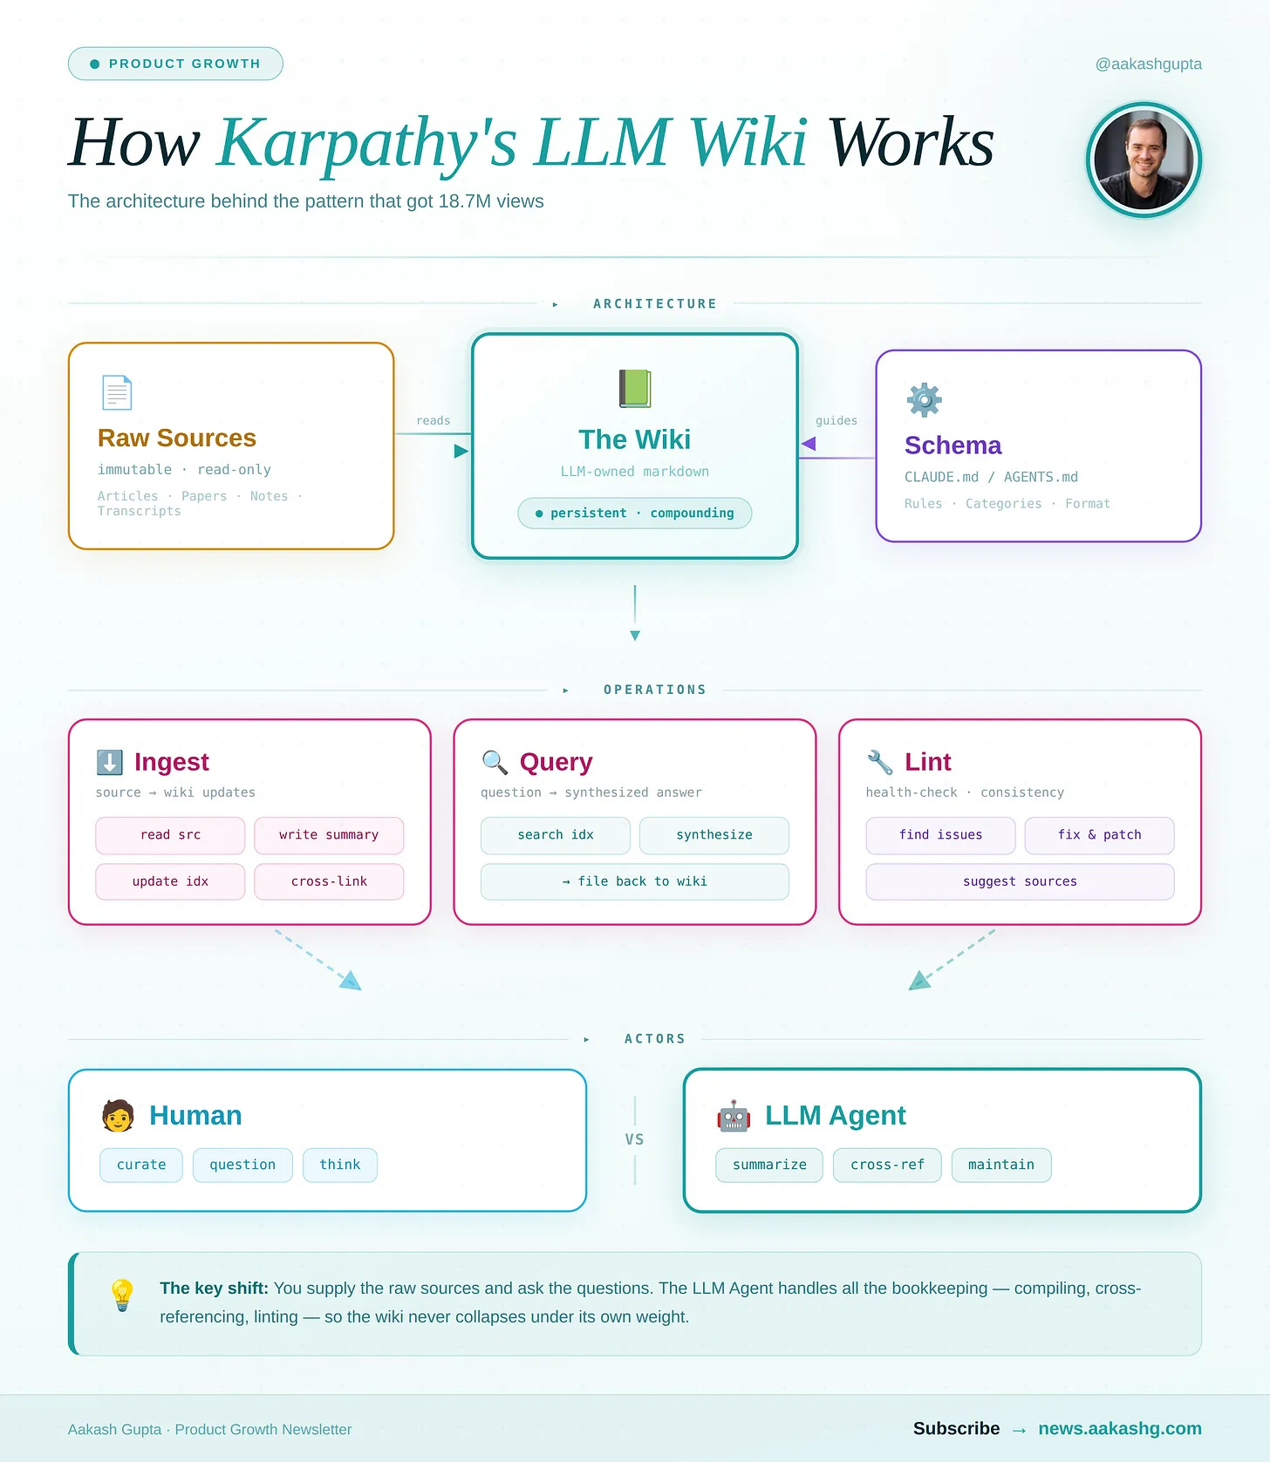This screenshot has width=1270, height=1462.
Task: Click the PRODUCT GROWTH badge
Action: [175, 64]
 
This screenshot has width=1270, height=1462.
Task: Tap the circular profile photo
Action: [1144, 160]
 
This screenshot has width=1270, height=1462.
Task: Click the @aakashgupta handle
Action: [1148, 64]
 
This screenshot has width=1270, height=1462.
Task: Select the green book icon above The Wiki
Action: [635, 389]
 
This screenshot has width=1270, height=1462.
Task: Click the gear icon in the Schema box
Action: [924, 400]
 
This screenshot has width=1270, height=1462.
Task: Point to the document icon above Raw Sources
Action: [117, 392]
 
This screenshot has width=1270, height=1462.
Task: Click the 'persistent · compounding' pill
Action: [634, 513]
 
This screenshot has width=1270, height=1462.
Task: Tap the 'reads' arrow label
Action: [433, 420]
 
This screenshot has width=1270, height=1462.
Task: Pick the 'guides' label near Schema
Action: [836, 420]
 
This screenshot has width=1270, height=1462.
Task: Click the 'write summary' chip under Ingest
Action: [329, 835]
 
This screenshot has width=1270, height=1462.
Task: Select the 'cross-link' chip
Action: [329, 881]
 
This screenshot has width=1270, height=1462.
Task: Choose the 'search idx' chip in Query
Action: [555, 835]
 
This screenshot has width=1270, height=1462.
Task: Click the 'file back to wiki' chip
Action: [634, 881]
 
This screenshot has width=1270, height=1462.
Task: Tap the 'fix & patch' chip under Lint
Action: [1099, 835]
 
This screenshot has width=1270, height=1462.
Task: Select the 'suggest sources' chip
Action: [1020, 881]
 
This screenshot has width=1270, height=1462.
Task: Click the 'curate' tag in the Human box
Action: [141, 1165]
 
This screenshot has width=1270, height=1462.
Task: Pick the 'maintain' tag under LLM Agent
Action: [1000, 1165]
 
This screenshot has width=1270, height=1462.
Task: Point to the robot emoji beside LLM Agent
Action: [734, 1116]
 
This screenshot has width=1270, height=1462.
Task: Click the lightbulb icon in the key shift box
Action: [122, 1295]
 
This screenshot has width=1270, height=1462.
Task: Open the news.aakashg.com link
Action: [1119, 1428]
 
